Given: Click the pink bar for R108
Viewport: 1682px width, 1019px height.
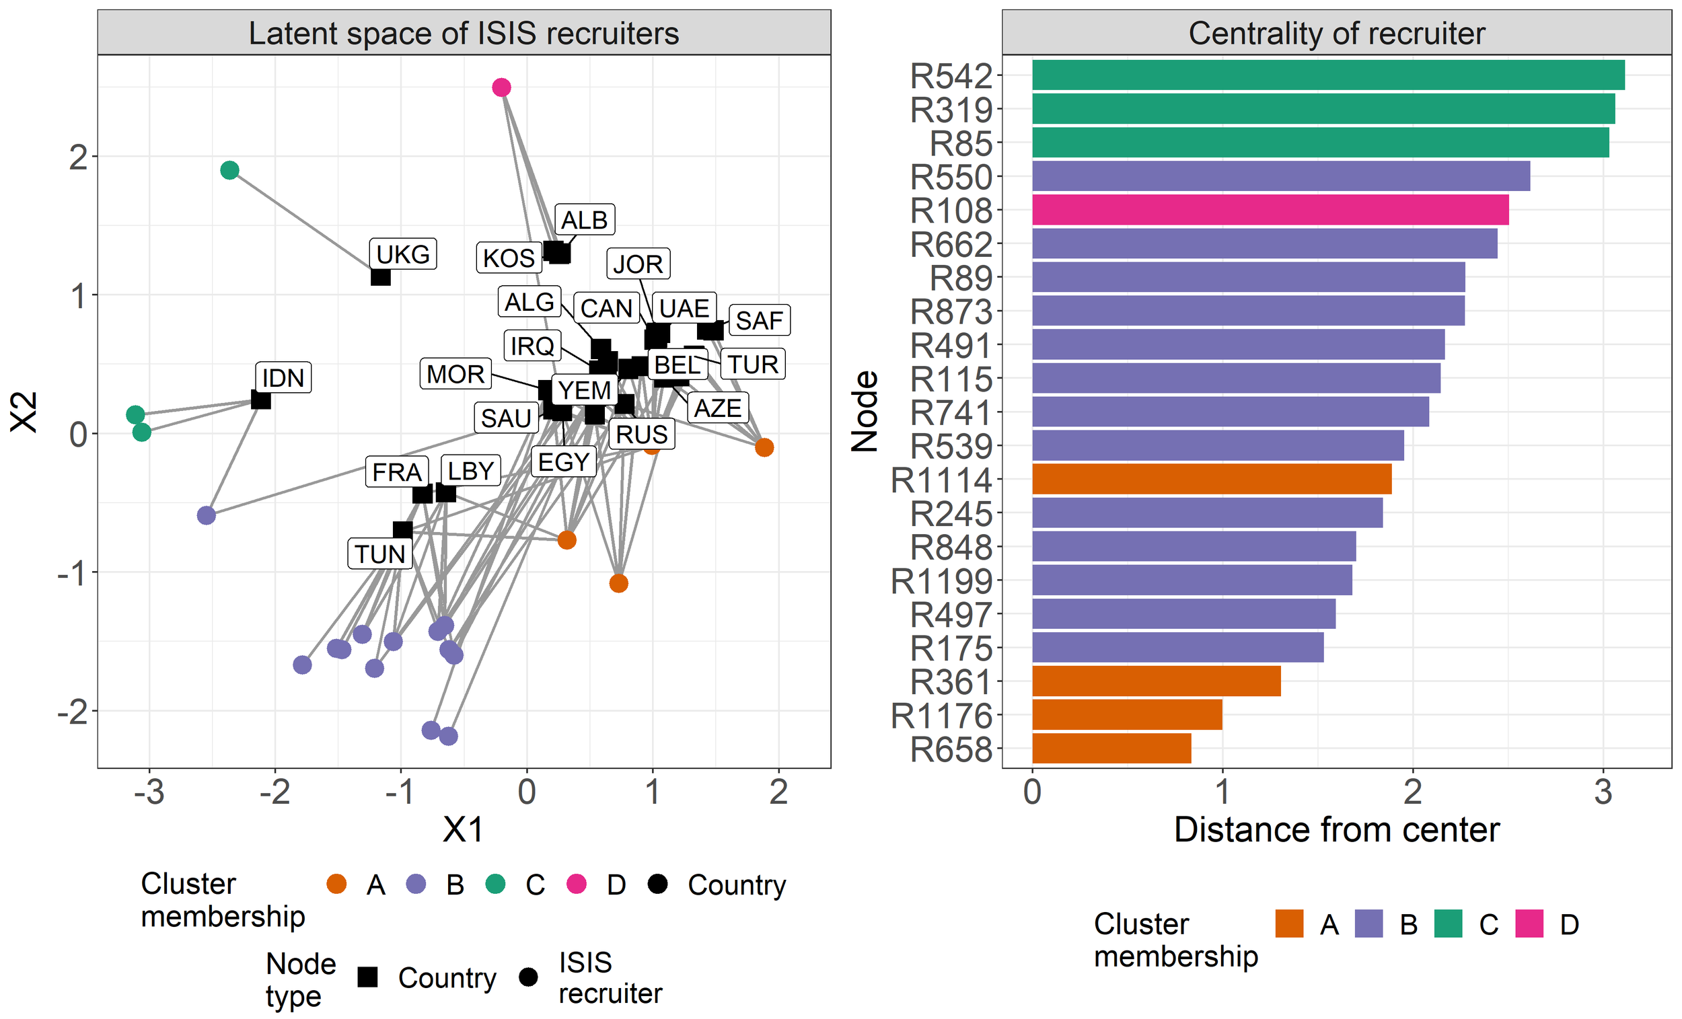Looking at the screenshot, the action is (1270, 211).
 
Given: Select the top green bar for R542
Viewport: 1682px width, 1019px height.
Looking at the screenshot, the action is (1328, 75).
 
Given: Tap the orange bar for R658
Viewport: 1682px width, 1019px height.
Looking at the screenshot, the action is (1112, 749).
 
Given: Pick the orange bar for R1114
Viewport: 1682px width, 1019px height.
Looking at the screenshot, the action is (1212, 479).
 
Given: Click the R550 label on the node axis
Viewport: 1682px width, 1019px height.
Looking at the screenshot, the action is (951, 178).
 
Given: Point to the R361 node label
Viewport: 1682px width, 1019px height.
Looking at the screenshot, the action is (951, 682).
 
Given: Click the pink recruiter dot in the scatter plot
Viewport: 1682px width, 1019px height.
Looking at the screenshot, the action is (502, 87).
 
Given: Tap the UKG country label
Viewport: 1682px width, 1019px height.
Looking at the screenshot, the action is (403, 254).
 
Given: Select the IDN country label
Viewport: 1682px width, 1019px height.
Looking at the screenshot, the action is (283, 377).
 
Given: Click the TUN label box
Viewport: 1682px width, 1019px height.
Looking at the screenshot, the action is (380, 554).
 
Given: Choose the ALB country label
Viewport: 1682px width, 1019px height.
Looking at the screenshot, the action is (585, 220).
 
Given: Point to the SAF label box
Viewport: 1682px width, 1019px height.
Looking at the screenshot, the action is (759, 320).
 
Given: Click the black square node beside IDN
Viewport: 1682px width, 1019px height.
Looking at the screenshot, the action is (261, 400).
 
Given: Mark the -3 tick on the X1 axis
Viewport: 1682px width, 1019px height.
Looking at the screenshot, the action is (149, 793).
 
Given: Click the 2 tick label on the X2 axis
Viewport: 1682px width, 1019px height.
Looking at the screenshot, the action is (79, 157).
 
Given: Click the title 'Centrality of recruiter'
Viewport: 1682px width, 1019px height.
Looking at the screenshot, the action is (1337, 33).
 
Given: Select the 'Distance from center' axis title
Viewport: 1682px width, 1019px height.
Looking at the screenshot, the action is (1337, 830).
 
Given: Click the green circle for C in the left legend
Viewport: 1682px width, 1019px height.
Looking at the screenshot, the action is (496, 884).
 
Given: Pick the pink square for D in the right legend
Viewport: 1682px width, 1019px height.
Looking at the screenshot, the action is (1529, 924).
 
